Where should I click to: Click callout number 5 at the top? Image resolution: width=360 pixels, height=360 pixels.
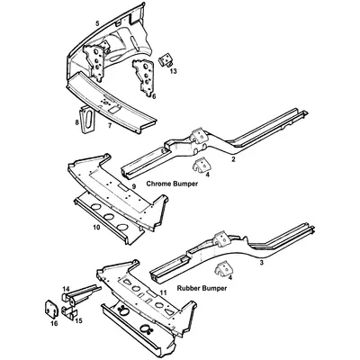click(97, 20)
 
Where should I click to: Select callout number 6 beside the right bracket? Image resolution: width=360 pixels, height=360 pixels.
click(153, 95)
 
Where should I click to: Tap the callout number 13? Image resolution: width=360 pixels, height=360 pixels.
click(173, 70)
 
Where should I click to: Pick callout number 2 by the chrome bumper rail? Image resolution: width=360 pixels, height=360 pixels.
click(234, 159)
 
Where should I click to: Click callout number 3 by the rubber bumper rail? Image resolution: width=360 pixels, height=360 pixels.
click(261, 263)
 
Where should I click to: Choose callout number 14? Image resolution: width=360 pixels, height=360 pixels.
click(66, 289)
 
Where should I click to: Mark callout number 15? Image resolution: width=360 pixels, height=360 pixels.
click(79, 320)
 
